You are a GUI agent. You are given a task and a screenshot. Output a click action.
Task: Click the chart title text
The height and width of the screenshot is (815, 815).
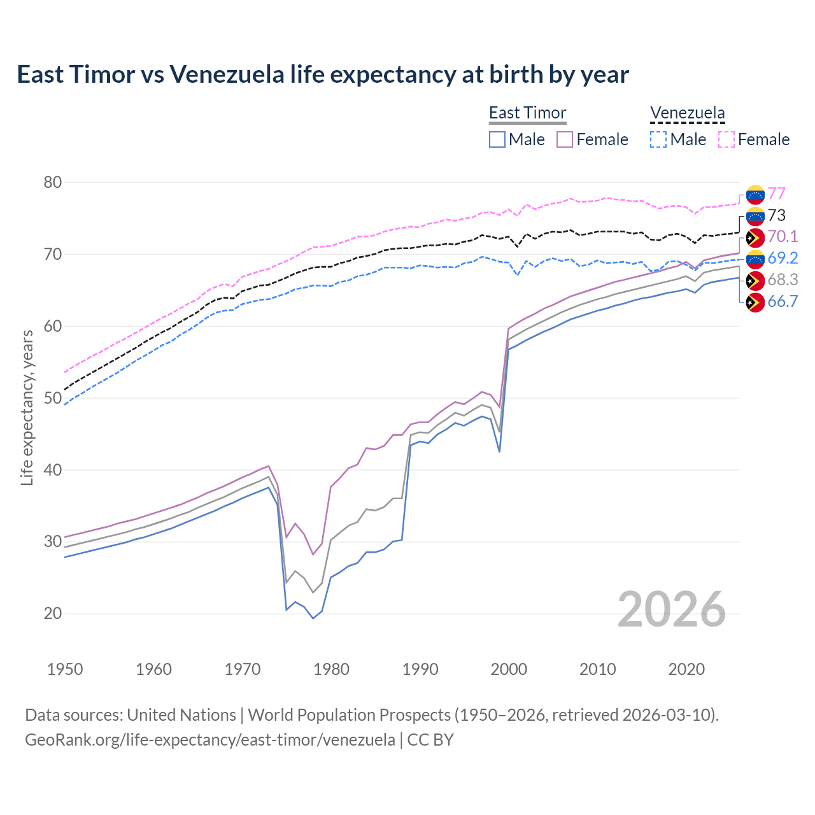click(x=323, y=74)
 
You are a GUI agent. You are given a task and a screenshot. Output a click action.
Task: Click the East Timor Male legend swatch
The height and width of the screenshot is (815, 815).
click(x=497, y=139)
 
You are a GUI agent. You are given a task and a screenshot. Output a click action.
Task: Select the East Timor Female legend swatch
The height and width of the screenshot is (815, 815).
click(x=565, y=139)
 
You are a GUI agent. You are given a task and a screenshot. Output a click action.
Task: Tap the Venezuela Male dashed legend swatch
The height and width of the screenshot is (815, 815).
click(x=658, y=139)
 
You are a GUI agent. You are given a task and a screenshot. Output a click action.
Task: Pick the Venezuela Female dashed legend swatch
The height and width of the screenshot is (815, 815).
click(x=726, y=139)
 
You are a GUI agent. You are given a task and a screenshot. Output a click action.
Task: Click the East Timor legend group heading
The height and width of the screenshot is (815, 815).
click(x=527, y=113)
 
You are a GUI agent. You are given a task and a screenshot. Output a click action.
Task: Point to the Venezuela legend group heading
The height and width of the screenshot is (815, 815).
click(x=687, y=113)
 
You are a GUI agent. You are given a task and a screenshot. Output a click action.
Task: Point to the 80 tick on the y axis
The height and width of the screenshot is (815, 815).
click(x=53, y=183)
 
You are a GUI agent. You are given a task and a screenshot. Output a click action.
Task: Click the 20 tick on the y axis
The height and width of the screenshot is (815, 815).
click(x=53, y=614)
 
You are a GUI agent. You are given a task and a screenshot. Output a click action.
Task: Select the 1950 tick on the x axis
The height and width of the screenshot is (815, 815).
click(x=65, y=669)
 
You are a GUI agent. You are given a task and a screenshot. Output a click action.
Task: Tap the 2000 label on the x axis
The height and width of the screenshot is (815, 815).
click(x=509, y=669)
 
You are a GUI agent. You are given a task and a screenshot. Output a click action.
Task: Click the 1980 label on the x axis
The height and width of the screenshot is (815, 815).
click(x=331, y=669)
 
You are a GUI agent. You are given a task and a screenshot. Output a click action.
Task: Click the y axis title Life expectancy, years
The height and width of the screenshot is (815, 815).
click(x=27, y=407)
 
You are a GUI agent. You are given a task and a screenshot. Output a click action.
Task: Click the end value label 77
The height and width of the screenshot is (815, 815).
click(x=776, y=194)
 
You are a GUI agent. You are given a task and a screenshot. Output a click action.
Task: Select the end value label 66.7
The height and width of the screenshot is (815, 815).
click(x=783, y=302)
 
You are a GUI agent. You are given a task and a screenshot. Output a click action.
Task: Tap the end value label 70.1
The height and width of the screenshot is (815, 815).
click(x=783, y=237)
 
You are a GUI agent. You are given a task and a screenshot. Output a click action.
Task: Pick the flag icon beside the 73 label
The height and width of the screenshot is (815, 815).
click(x=755, y=216)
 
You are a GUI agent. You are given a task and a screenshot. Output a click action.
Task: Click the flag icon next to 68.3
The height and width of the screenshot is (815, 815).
click(x=755, y=280)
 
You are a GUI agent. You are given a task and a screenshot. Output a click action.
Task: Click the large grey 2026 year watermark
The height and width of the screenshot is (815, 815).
click(x=672, y=609)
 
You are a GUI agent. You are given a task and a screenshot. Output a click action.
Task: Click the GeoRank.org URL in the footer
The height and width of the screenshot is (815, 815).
click(x=210, y=740)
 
